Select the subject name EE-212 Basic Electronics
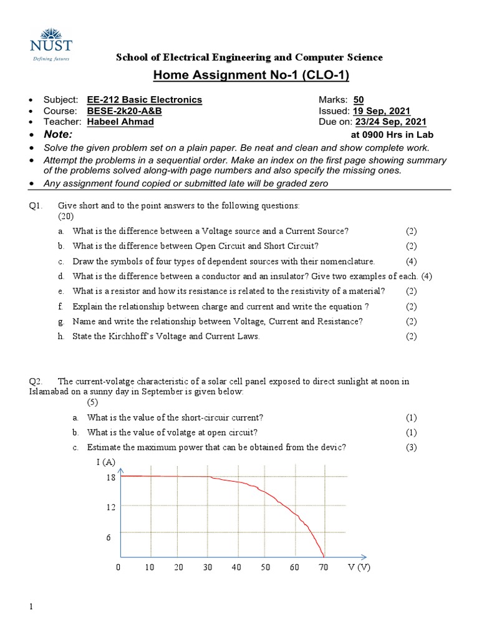click(145, 100)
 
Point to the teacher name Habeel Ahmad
click(120, 122)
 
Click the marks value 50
click(359, 100)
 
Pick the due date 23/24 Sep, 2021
click(391, 122)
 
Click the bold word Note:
click(57, 135)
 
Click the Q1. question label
click(36, 205)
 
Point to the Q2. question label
click(36, 381)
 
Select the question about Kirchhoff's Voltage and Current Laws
click(166, 336)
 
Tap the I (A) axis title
click(105, 462)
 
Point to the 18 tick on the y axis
click(110, 477)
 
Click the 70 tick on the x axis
click(323, 568)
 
